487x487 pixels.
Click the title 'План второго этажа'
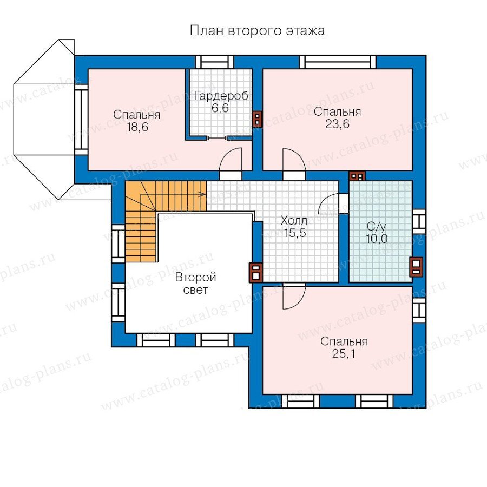coord(257,31)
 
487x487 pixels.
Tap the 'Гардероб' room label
coord(221,96)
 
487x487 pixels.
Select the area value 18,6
coord(137,127)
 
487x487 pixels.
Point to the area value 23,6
coord(337,124)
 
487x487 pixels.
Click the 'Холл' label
coord(294,221)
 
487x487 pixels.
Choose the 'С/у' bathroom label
coord(376,227)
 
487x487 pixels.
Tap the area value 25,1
coord(344,353)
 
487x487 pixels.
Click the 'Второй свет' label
coord(196,283)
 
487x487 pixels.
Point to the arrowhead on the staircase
coord(202,194)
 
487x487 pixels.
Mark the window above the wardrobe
coord(215,62)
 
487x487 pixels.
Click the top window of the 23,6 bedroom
coord(338,62)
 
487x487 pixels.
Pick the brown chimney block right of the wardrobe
coord(258,119)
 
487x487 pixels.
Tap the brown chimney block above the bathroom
coord(357,176)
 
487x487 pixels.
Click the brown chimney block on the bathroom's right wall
coord(416,267)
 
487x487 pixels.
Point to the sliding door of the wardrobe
coord(218,137)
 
